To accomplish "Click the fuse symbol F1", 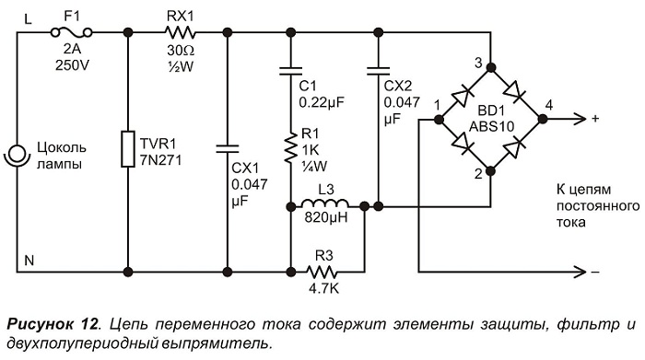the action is tap(71, 32).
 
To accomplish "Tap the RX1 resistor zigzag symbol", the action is tap(181, 32).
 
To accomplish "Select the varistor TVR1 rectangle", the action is tap(128, 149).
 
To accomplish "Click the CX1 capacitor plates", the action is tap(228, 149).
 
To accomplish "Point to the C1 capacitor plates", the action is tap(291, 71).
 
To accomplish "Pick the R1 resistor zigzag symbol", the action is tap(291, 147).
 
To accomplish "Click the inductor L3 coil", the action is tap(325, 203).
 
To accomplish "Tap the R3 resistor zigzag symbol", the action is tap(322, 272).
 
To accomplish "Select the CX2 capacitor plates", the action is tap(378, 71).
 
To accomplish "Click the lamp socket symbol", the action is tap(17, 157).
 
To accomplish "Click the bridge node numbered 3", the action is tap(490, 67).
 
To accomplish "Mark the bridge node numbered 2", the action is tap(490, 170).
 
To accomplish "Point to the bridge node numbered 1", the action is tap(439, 119).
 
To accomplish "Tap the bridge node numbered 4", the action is tap(543, 119).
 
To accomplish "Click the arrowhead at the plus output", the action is tap(580, 119).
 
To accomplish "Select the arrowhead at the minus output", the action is tap(580, 272).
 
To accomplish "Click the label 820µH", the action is tap(326, 217).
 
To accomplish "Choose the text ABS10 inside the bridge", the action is tap(492, 126).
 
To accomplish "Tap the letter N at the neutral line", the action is tap(29, 261).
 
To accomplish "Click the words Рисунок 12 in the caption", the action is tap(53, 324).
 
